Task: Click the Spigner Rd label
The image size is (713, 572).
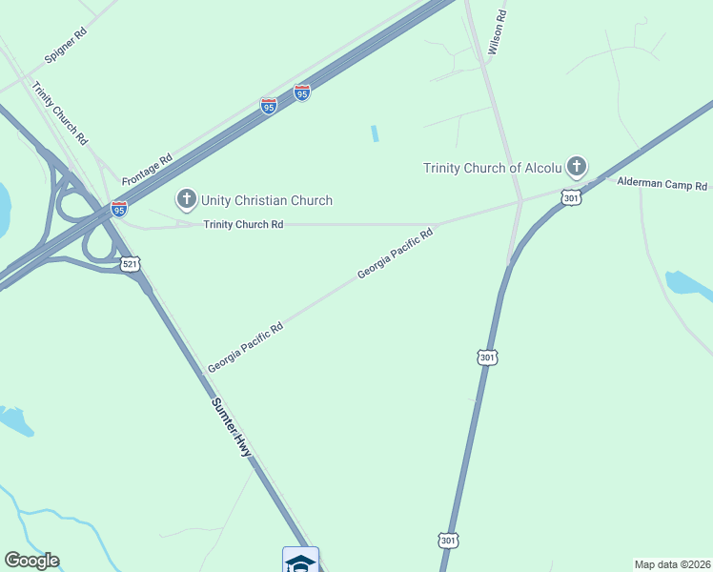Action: click(x=67, y=46)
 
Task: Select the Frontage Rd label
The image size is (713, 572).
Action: click(x=147, y=168)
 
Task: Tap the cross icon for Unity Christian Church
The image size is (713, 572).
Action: click(x=185, y=199)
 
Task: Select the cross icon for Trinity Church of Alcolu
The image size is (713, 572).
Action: click(x=576, y=168)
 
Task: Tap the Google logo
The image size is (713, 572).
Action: click(x=31, y=561)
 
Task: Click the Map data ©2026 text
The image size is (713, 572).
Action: click(x=672, y=564)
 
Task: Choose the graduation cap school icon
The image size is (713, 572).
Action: click(x=300, y=562)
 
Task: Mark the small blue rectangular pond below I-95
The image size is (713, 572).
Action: click(x=375, y=133)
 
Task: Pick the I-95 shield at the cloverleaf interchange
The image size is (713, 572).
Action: click(x=119, y=208)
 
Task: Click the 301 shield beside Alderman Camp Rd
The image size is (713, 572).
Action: click(x=570, y=197)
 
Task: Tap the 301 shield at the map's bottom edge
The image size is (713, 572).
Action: click(x=448, y=540)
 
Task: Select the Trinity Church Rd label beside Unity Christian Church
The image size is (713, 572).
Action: click(x=243, y=225)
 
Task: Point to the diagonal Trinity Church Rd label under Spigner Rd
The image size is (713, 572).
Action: click(x=60, y=112)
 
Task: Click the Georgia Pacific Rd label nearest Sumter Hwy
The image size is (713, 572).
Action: click(x=245, y=348)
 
